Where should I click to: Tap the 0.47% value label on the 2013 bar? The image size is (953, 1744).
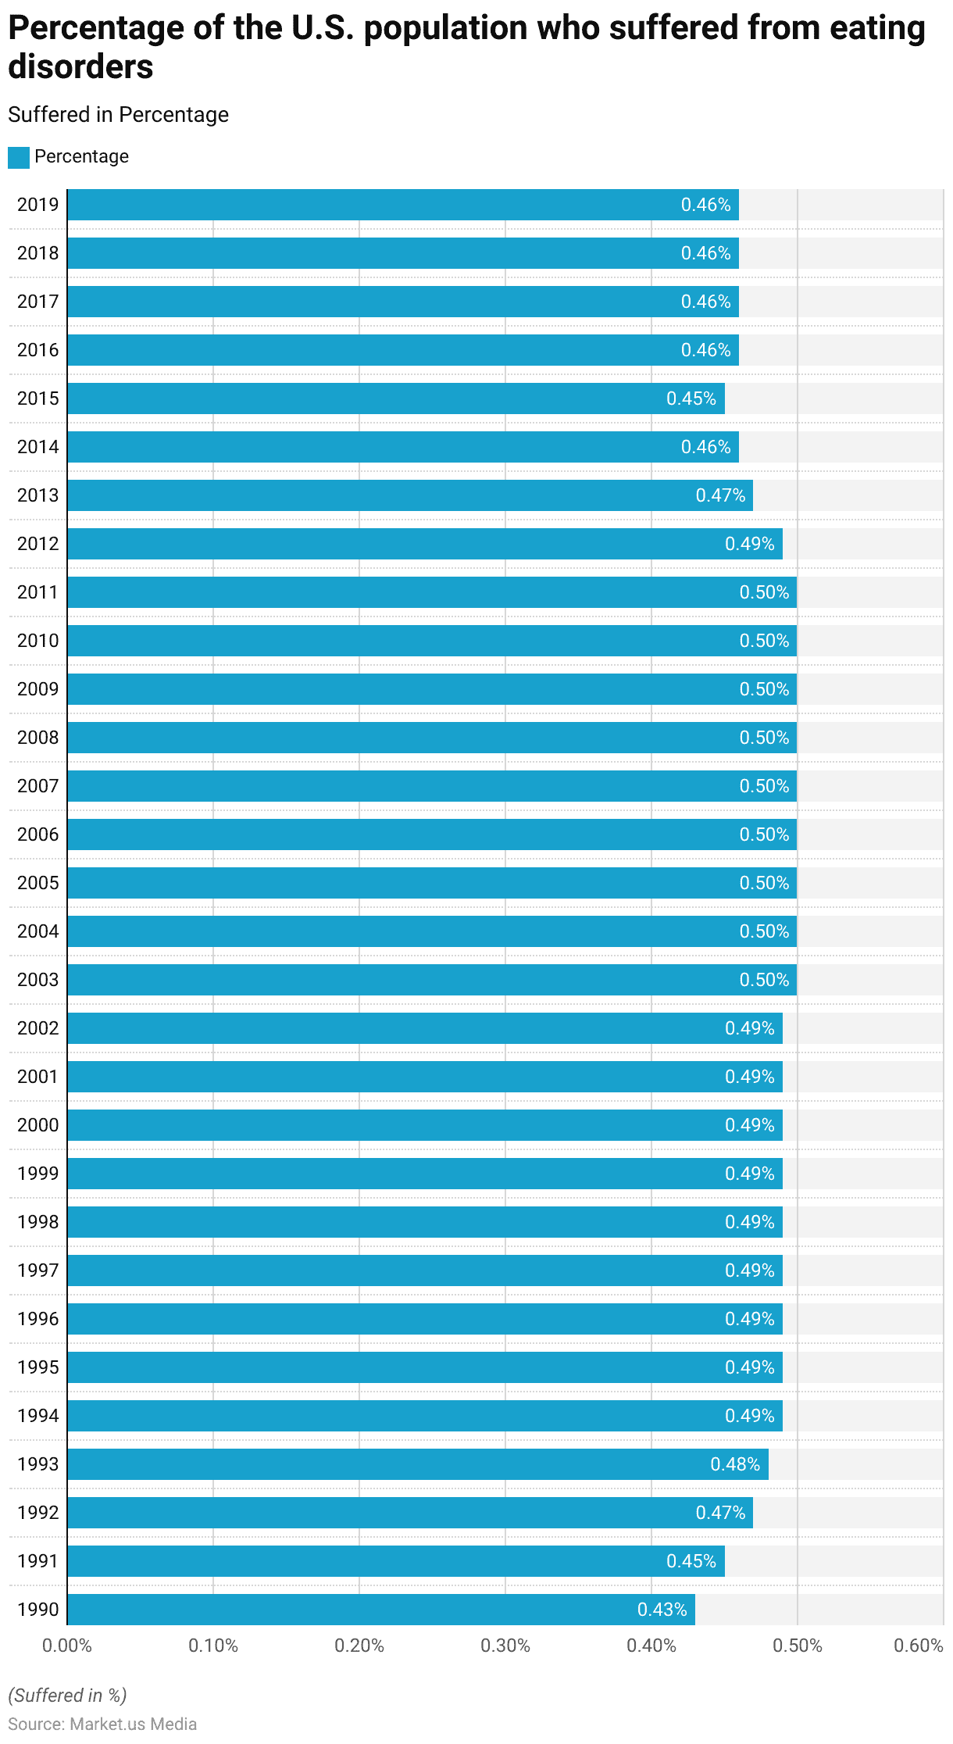tap(720, 495)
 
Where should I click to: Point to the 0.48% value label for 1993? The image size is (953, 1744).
tap(735, 1464)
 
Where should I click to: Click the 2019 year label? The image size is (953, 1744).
tap(37, 205)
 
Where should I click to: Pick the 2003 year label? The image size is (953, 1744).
tap(37, 980)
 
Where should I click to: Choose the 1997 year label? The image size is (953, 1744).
tap(37, 1270)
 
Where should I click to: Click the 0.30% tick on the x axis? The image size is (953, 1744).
tap(505, 1646)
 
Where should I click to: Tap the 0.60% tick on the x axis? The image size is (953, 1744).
tap(919, 1646)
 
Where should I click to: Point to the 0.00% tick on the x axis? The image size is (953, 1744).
tap(67, 1646)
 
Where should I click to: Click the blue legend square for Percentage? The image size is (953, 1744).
tap(19, 157)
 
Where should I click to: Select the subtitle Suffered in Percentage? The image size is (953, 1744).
tap(119, 115)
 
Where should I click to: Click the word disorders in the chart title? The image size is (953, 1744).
tap(81, 67)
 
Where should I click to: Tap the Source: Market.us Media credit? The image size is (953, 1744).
tap(102, 1724)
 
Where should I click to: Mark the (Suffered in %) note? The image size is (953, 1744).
tap(67, 1695)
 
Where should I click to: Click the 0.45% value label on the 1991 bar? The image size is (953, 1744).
tap(691, 1561)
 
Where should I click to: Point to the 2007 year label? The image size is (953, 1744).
tap(37, 786)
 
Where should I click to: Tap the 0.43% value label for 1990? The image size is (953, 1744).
tap(662, 1610)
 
